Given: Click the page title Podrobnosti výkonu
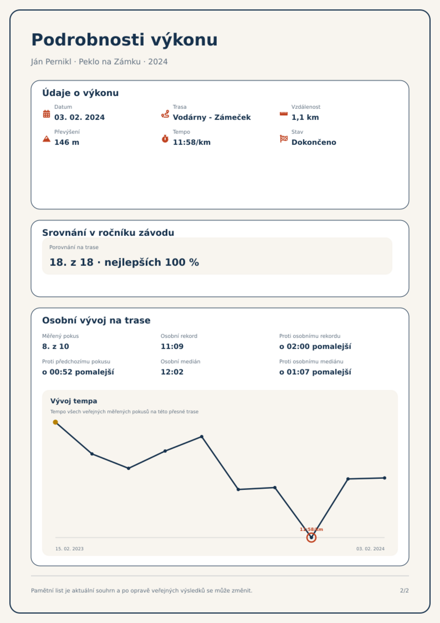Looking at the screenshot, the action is pos(124,40).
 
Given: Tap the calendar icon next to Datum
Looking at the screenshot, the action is pos(47,114).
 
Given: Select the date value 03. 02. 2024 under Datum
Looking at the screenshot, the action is pos(80,117).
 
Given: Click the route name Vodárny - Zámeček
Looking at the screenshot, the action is pos(212,117).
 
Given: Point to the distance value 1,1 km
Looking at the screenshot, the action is pos(305,117).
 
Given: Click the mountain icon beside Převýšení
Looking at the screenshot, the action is pos(47,139).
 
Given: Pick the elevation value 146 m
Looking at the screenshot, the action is pos(67,142).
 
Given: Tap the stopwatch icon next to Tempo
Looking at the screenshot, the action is pos(165,139).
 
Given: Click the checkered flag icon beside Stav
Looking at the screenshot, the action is pos(284,139).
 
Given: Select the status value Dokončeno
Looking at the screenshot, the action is pos(314,142).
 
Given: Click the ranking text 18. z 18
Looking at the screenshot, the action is pos(71,262).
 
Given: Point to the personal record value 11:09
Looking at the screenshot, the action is pos(172,346).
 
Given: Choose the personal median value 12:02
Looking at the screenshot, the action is pos(172,372).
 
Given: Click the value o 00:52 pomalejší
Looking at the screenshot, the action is pos(78,372).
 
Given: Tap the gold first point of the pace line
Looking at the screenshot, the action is pos(55,422).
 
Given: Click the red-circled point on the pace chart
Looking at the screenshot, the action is pos(311,538).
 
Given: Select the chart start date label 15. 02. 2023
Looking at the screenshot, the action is pos(69,549).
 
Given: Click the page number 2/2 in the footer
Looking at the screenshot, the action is pos(404,591).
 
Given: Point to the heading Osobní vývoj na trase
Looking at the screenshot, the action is pos(96,320).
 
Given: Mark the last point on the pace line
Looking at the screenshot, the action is pos(385,478).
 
